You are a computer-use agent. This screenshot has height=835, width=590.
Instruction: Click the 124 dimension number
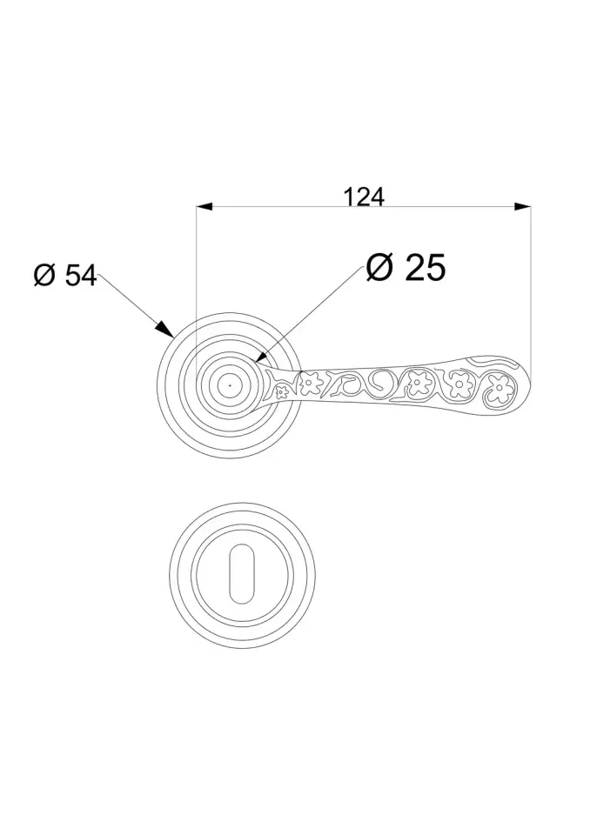point(364,197)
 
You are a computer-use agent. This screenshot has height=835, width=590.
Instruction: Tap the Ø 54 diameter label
point(65,276)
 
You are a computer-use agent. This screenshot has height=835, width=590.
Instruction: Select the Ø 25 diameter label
point(406,267)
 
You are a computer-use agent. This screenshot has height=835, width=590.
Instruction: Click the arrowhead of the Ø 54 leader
point(164,329)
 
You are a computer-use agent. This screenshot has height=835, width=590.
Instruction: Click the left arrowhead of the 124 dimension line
point(204,206)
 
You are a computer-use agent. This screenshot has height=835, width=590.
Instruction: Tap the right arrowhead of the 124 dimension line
point(523,206)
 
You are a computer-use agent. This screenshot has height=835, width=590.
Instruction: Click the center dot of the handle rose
point(230,384)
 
